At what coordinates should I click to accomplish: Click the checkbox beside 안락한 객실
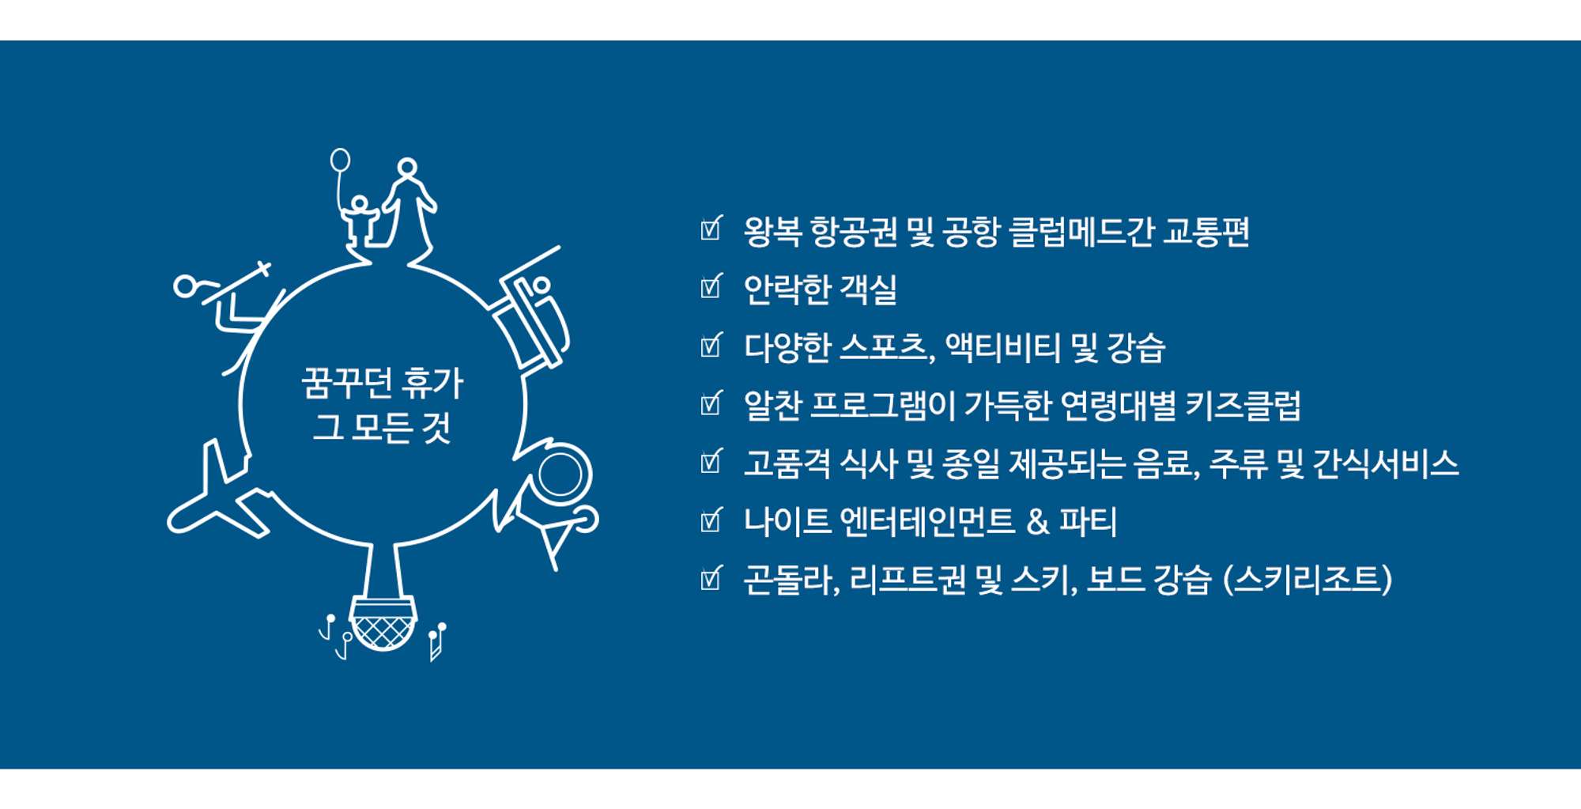pyautogui.click(x=711, y=286)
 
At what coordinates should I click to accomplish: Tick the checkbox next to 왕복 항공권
pyautogui.click(x=711, y=228)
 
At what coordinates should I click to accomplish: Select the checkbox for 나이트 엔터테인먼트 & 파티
pyautogui.click(x=711, y=519)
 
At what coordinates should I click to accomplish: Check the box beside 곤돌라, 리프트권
pyautogui.click(x=711, y=577)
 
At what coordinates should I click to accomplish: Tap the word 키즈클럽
pyautogui.click(x=1243, y=406)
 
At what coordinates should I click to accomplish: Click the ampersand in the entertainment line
pyautogui.click(x=1037, y=522)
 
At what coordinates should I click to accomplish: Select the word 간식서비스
pyautogui.click(x=1386, y=463)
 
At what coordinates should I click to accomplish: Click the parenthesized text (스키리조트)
pyautogui.click(x=1307, y=580)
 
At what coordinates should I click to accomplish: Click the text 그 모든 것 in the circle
pyautogui.click(x=382, y=427)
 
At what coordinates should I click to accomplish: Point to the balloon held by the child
pyautogui.click(x=340, y=160)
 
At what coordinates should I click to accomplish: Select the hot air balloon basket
pyautogui.click(x=383, y=624)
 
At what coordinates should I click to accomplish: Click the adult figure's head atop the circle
pyautogui.click(x=407, y=168)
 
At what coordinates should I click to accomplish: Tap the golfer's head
pyautogui.click(x=186, y=285)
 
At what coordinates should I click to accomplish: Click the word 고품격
pyautogui.click(x=787, y=463)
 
